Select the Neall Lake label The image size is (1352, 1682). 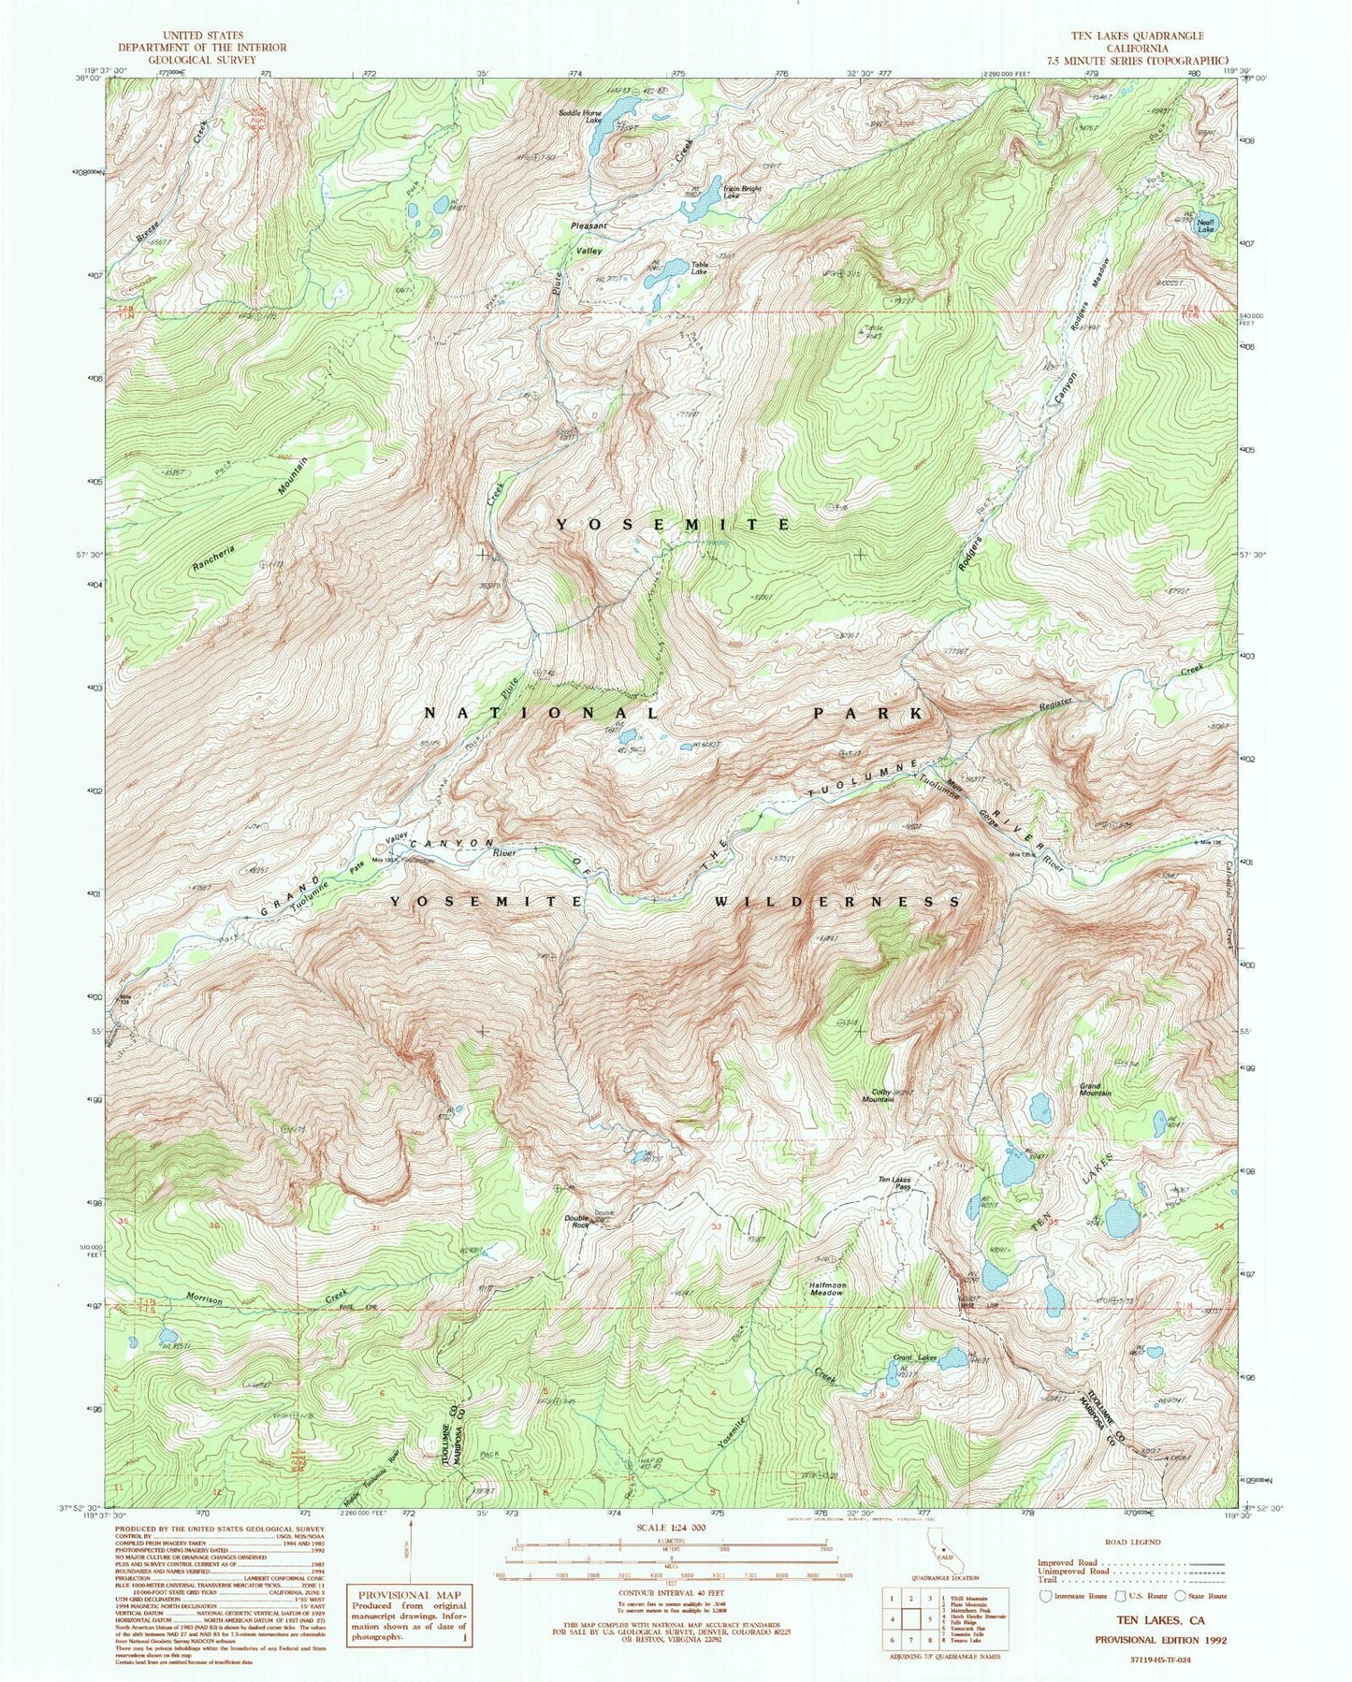click(1205, 225)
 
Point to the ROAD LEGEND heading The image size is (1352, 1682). click(1132, 1542)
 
